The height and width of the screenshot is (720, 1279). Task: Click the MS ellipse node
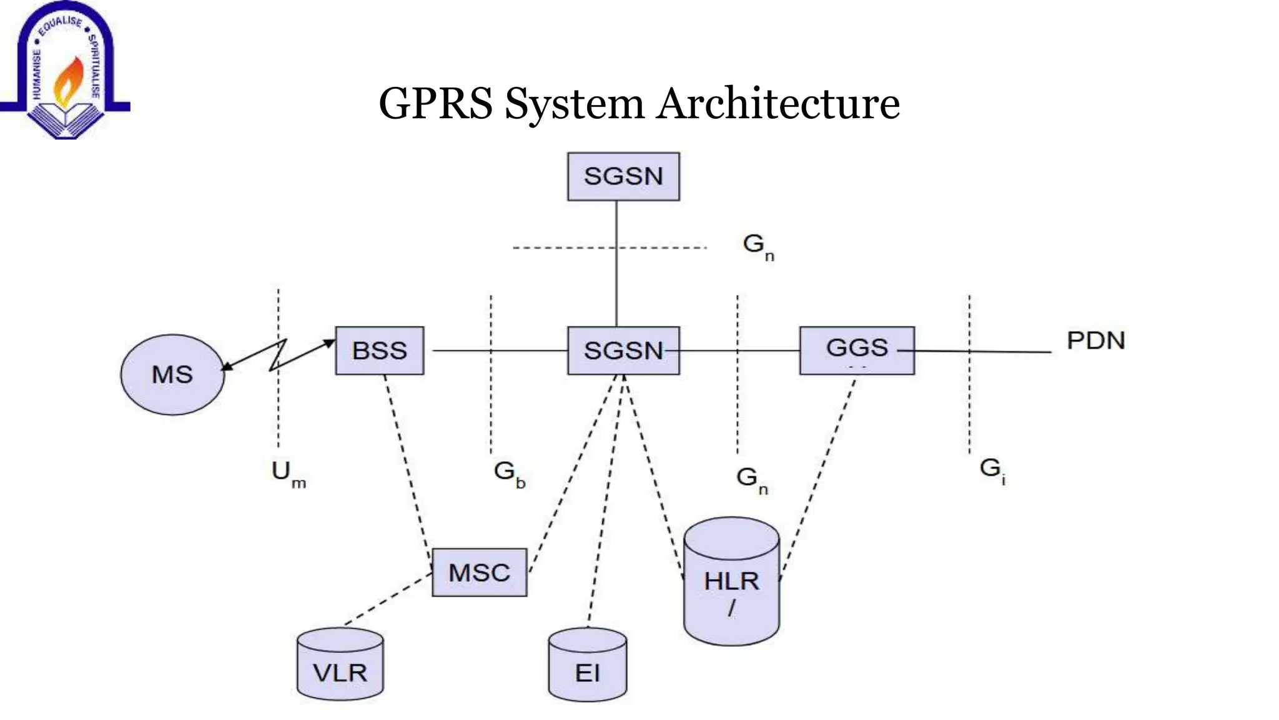tap(172, 374)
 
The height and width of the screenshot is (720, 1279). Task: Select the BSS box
tap(379, 351)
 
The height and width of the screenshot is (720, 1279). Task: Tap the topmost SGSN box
tap(623, 176)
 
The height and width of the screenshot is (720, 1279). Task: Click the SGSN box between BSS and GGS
tap(623, 351)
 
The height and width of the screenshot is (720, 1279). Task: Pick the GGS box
tap(857, 350)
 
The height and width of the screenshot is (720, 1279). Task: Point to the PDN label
tap(1095, 341)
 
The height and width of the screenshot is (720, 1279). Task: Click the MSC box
tap(479, 572)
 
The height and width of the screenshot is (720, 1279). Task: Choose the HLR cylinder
tap(731, 581)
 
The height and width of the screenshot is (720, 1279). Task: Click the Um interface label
tap(288, 474)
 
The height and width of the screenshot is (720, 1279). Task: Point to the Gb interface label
tap(509, 474)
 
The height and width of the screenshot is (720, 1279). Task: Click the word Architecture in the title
tap(778, 103)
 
